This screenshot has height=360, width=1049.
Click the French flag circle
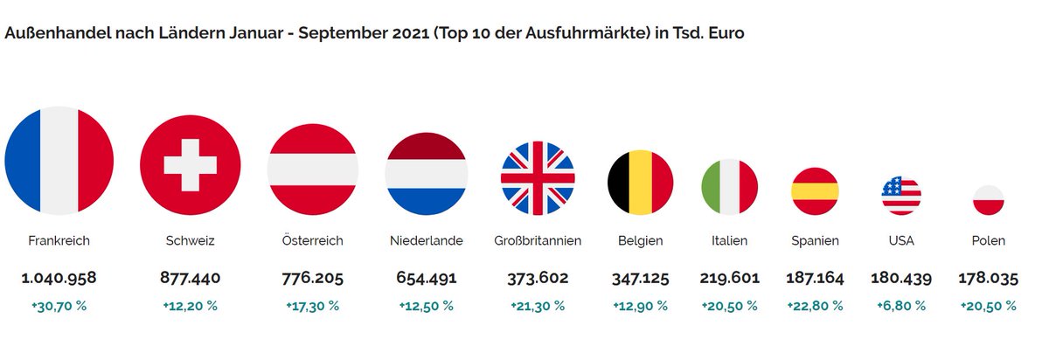click(x=59, y=161)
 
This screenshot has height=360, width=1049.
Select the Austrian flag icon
click(x=312, y=168)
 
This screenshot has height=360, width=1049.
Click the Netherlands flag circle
click(x=426, y=175)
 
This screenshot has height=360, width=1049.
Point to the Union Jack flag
click(x=538, y=177)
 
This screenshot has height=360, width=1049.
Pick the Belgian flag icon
click(x=640, y=182)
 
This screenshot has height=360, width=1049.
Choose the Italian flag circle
click(x=730, y=187)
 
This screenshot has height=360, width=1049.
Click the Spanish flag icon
click(x=815, y=190)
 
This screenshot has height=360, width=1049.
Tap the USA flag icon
click(x=901, y=195)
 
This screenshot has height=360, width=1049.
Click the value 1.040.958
click(x=59, y=279)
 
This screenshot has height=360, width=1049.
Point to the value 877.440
click(x=190, y=279)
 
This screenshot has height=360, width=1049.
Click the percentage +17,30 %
click(x=312, y=306)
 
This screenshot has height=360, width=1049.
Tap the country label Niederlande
click(x=426, y=240)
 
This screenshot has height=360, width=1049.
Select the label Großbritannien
click(x=538, y=240)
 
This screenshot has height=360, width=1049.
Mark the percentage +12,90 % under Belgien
click(x=640, y=306)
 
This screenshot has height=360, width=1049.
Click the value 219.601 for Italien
click(x=730, y=279)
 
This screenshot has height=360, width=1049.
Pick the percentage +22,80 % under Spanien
click(x=815, y=306)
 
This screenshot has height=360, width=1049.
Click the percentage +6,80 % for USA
click(x=901, y=306)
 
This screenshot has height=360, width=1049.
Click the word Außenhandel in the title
click(x=57, y=32)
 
